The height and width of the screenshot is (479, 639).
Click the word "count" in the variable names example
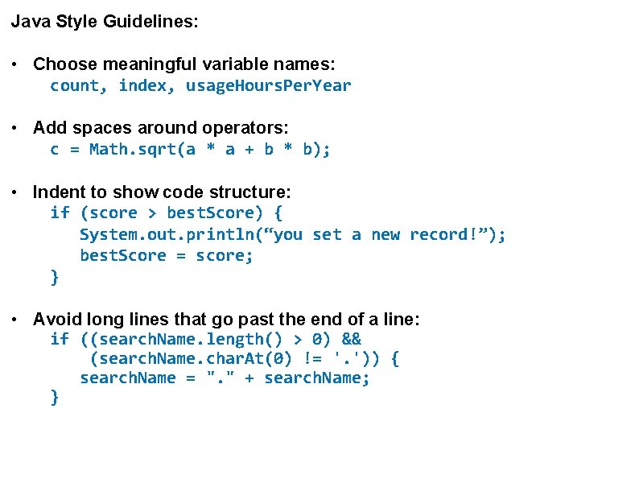(x=74, y=85)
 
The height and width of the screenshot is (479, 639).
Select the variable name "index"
(x=142, y=85)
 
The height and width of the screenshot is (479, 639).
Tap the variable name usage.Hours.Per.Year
(x=269, y=85)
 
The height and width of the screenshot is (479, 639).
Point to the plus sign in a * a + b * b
(x=249, y=149)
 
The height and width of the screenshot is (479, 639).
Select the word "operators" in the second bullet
(x=249, y=127)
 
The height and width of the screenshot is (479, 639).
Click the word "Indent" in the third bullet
(x=59, y=192)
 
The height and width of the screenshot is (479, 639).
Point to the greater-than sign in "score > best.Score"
(x=152, y=213)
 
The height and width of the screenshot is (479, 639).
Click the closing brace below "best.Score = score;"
(x=55, y=277)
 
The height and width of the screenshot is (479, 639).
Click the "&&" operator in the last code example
(x=352, y=339)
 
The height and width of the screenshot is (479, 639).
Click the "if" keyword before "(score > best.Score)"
(x=60, y=213)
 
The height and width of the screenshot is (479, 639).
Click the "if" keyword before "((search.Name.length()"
(x=60, y=339)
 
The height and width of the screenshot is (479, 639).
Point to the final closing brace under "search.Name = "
(x=55, y=398)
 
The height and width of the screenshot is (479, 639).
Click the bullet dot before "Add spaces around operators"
(x=16, y=127)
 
